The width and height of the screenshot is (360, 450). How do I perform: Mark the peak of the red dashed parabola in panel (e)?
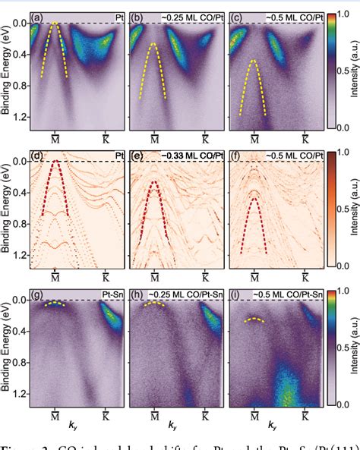[154, 182]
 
